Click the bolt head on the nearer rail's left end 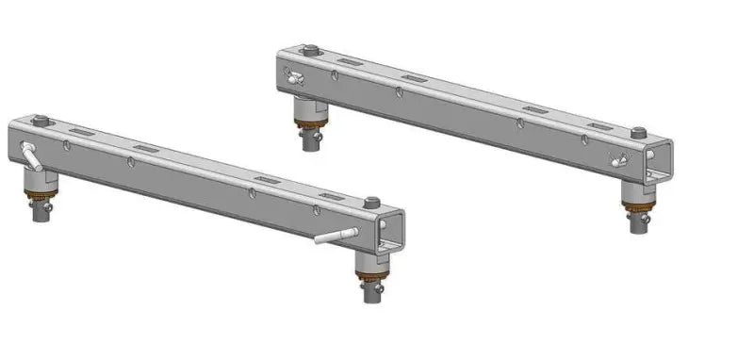41,121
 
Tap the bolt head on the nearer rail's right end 372,202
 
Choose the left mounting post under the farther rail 308,127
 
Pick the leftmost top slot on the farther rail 346,61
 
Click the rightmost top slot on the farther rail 598,125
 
